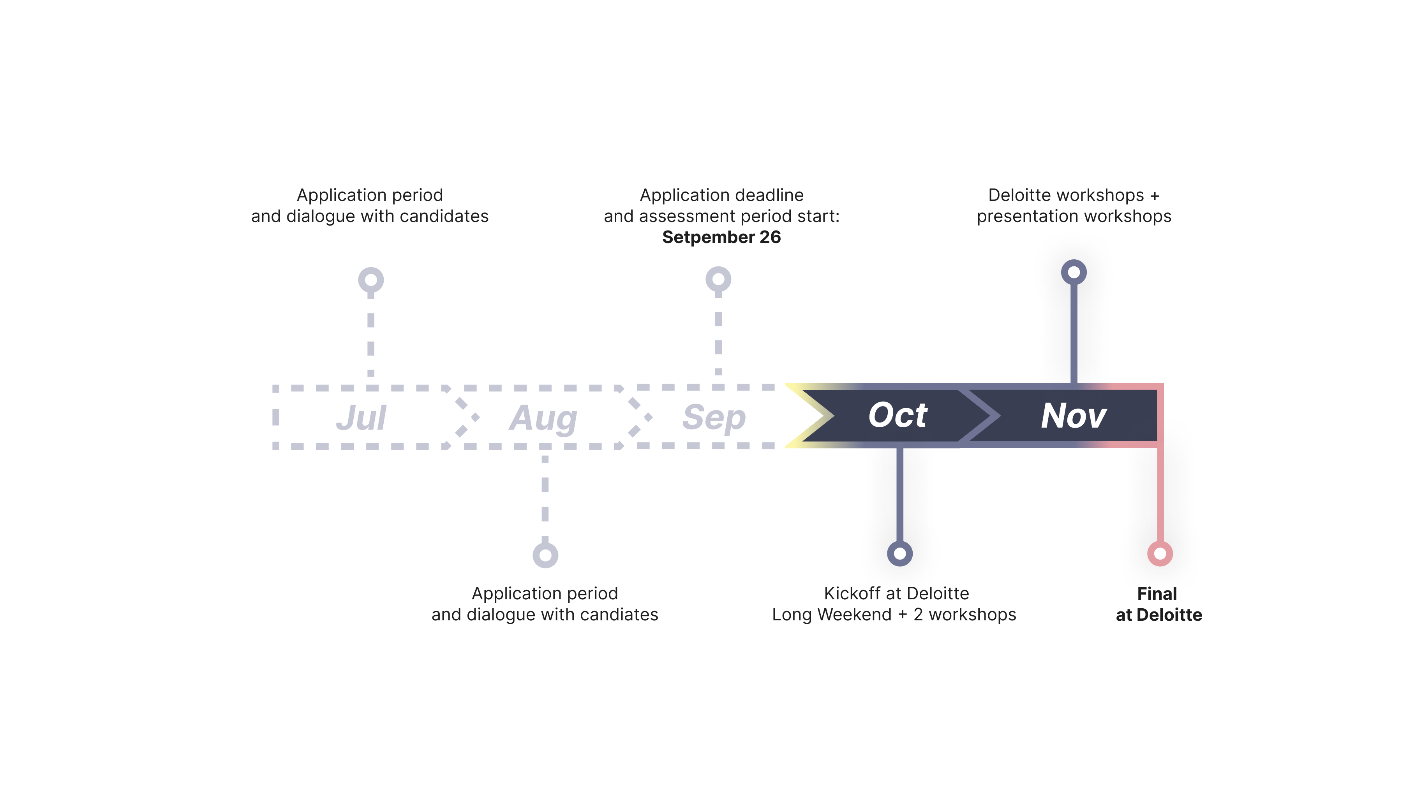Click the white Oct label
coord(898,415)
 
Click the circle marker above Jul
coord(371,280)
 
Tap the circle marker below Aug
coord(545,555)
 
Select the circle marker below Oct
coord(900,553)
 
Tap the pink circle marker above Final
coord(1160,553)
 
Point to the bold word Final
coord(1157,594)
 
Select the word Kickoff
coord(852,594)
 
